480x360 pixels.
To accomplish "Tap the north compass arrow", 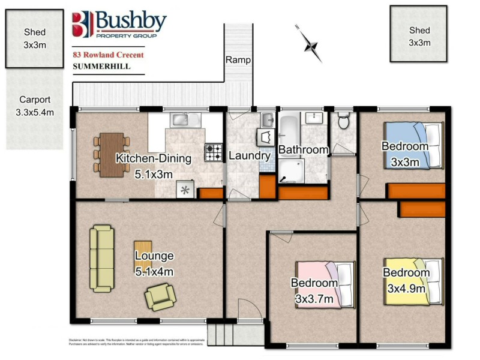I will [x=310, y=40].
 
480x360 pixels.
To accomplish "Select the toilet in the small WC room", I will [x=344, y=122].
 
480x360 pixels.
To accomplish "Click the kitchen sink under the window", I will [x=181, y=121].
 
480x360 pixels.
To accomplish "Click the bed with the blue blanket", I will [x=413, y=144].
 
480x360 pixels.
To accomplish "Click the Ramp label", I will [x=238, y=60].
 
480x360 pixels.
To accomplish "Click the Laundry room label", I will [x=250, y=156].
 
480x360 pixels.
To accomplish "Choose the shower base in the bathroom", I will [x=292, y=170].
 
